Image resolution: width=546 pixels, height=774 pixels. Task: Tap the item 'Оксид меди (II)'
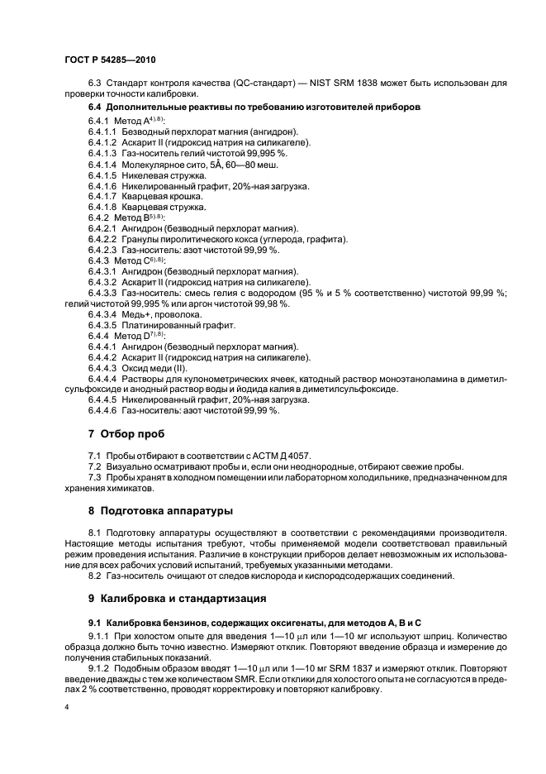[164, 368]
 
